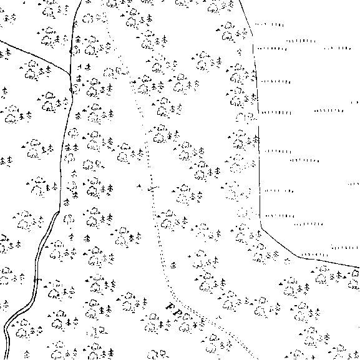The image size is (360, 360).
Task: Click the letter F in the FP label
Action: point(170,306)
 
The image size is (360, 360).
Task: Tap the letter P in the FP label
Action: point(178,313)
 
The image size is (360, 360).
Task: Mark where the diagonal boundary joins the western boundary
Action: point(70,74)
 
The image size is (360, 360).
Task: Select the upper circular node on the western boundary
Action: point(71,51)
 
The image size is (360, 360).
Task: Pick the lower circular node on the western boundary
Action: point(71,90)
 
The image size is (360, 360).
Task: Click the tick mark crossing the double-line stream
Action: point(38,280)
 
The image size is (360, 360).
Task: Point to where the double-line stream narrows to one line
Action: point(59,212)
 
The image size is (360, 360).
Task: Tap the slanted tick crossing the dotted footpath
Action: point(153,188)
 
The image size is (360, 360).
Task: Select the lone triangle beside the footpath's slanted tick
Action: point(139,185)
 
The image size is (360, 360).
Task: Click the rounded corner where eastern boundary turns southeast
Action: point(261,227)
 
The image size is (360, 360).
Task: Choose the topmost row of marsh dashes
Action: point(270,24)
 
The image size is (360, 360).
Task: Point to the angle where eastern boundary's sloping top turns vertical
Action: point(253,36)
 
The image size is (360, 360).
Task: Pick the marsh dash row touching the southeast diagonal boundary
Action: point(314,255)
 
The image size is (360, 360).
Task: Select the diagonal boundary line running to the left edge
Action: point(35,57)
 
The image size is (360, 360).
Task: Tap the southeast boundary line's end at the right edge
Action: point(359,268)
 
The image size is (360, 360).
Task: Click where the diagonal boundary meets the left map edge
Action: point(1,41)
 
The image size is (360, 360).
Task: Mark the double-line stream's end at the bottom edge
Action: point(8,359)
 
